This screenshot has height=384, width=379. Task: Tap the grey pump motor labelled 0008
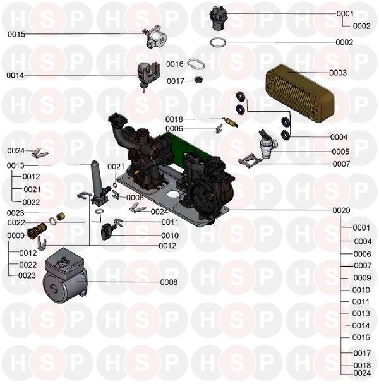pos(65,275)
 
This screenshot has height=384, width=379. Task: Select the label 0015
pos(16,34)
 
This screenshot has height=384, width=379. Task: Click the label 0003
pos(338,73)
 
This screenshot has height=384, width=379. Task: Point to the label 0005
pos(340,152)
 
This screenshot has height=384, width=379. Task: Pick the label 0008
pos(169,282)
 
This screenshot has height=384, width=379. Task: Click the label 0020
pos(341,210)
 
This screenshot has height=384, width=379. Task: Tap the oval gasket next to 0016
pos(196,64)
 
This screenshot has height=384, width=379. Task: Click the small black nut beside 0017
pos(198,80)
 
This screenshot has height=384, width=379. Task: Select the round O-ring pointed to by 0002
pos(218,42)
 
